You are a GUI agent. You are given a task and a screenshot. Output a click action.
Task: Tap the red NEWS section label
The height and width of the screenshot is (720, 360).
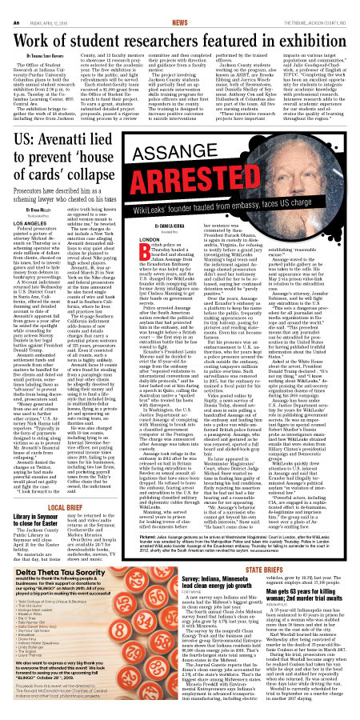(180, 7)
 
